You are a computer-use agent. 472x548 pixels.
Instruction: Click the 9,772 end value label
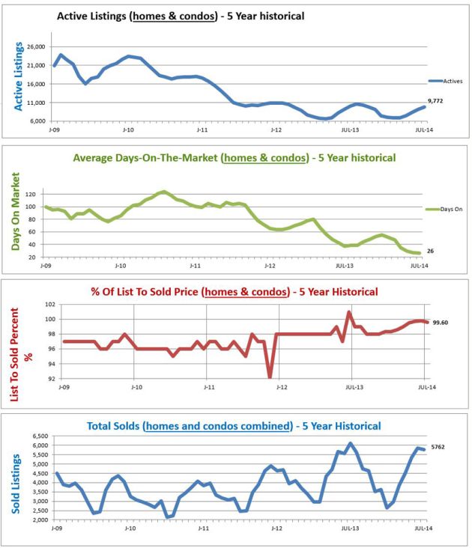tap(437, 100)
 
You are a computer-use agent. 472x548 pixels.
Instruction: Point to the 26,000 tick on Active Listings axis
tap(35, 46)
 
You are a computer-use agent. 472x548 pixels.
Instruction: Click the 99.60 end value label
tap(439, 323)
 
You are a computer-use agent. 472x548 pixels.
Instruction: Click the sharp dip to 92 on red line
tap(270, 377)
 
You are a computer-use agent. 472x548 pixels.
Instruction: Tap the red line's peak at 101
tap(349, 311)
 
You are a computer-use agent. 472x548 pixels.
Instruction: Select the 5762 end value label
tap(439, 447)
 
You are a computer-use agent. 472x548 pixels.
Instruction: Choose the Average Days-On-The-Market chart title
tap(234, 158)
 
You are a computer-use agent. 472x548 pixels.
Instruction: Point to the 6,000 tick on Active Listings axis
tap(36, 121)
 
